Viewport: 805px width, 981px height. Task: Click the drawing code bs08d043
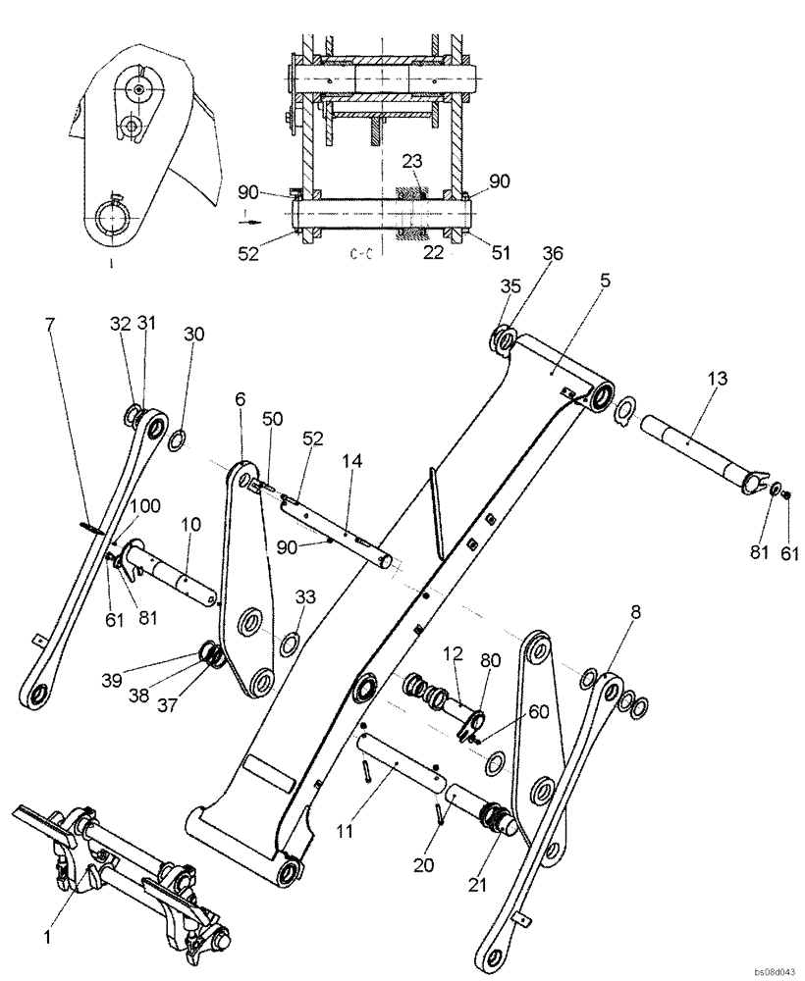click(774, 970)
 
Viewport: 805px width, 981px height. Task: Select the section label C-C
click(359, 254)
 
